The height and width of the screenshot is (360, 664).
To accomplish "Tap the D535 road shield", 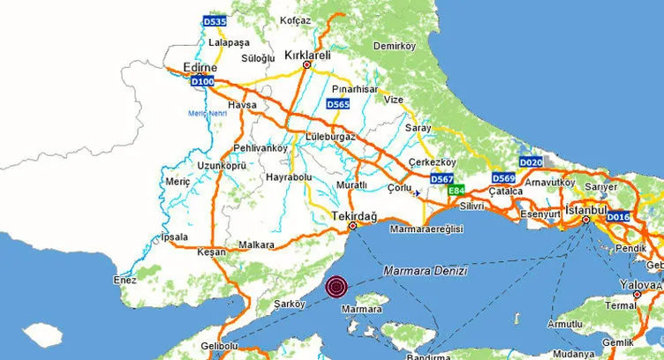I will click(x=215, y=20).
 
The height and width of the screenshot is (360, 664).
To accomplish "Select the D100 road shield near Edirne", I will click(x=202, y=82).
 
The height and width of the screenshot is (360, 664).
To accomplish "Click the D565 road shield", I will click(x=339, y=104).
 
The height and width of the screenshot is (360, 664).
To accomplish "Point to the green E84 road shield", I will click(x=456, y=191).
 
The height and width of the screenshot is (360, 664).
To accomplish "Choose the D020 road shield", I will click(x=531, y=162).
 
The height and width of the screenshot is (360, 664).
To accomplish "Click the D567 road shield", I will click(x=441, y=179).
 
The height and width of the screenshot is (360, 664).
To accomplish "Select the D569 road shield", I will click(x=503, y=177).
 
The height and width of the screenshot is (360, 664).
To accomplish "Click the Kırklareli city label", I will click(x=307, y=55).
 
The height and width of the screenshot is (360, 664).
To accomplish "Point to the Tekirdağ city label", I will click(x=353, y=215).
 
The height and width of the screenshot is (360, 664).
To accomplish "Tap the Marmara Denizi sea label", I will click(x=426, y=272).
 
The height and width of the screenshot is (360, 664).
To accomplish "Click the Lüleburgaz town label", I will click(x=329, y=138).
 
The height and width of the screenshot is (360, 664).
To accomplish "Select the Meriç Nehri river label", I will click(x=207, y=113).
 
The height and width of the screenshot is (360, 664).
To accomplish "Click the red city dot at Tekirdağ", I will click(x=353, y=227).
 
